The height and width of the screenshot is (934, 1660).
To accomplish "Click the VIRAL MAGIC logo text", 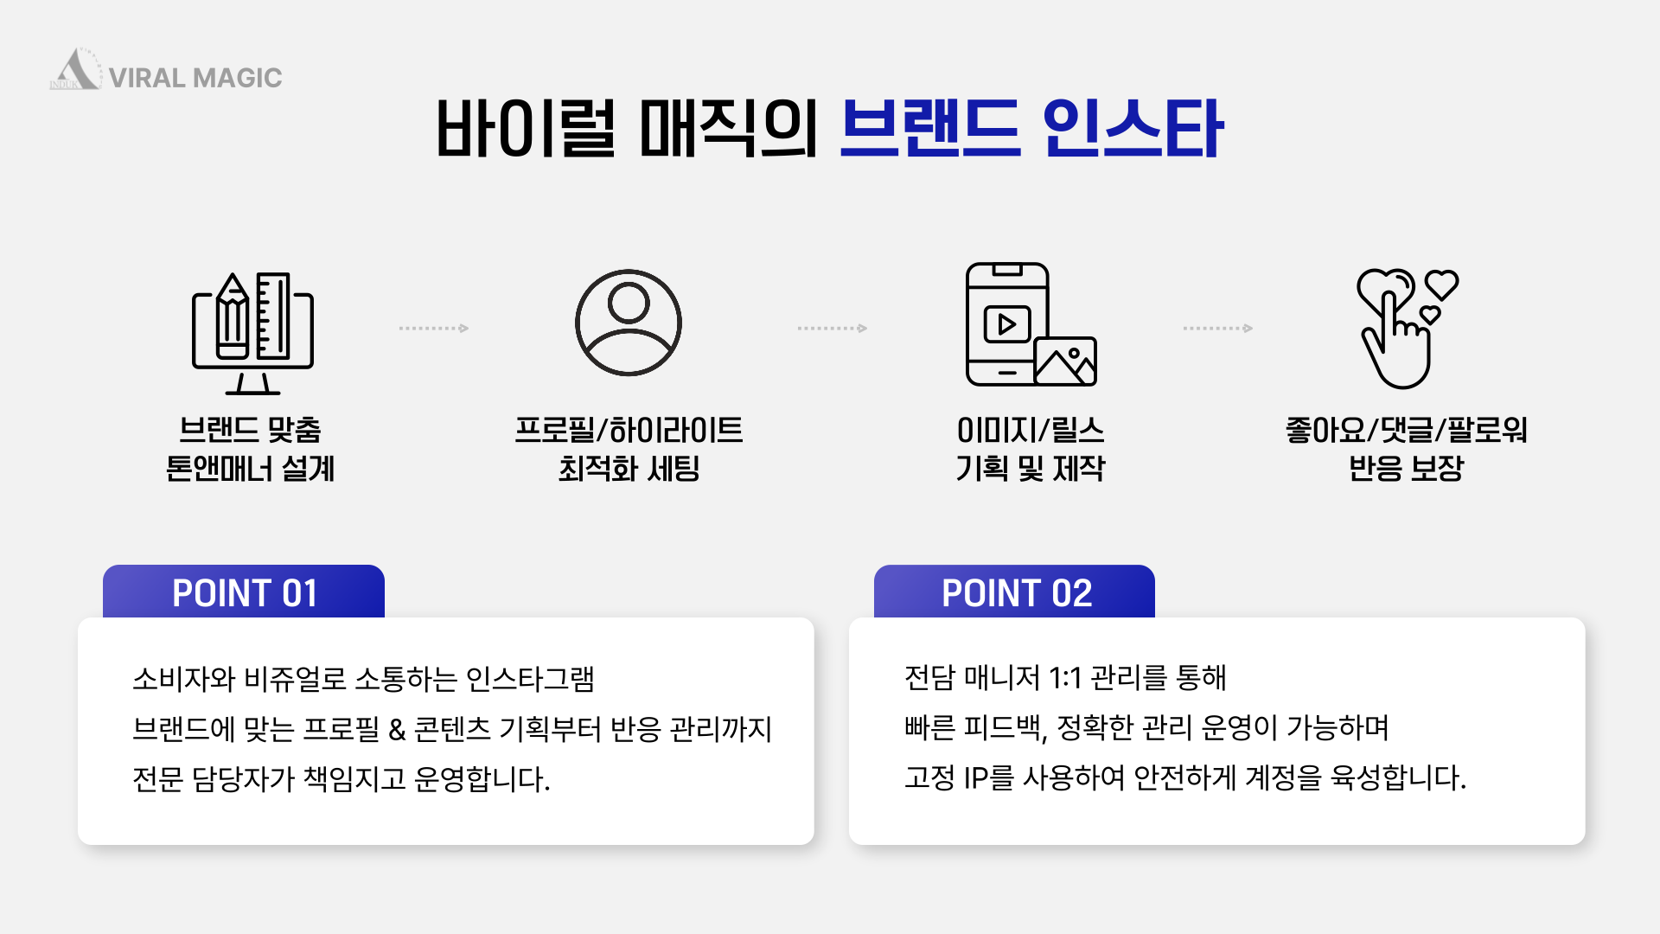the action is [195, 78].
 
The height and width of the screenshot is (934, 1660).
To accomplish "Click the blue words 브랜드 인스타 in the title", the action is [1031, 129].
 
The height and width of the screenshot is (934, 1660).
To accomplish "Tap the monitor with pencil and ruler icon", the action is [252, 333].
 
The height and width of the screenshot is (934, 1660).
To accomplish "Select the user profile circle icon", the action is [629, 323].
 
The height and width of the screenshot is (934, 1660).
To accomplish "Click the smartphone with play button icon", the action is [1008, 324].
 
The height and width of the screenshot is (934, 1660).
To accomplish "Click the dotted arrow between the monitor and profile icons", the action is [434, 329].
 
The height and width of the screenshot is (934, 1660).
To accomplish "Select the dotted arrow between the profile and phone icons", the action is [833, 329].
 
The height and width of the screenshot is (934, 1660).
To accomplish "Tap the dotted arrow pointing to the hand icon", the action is [1218, 329].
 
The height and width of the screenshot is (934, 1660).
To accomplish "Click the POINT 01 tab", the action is [244, 592].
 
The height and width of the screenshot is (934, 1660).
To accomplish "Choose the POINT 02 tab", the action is [1014, 592].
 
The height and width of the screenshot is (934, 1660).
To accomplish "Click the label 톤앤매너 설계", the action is [250, 469].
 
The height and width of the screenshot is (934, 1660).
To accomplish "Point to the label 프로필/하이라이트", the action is [629, 430].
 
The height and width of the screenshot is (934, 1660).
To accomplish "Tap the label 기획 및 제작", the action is [1031, 469].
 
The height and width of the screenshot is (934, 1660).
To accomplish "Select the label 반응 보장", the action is [1407, 469].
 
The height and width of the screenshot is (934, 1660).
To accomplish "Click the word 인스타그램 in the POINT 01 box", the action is [530, 679].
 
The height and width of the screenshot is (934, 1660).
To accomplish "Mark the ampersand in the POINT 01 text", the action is [397, 730].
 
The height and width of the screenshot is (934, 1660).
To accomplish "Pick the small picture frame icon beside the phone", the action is [1065, 361].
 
